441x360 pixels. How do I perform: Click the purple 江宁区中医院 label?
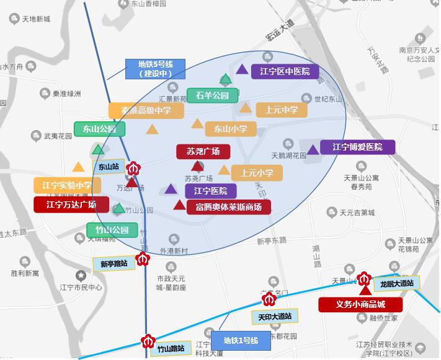click(x=285, y=71)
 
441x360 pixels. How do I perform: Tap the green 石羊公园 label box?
click(x=212, y=95)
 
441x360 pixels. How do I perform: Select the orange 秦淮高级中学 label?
click(x=146, y=111)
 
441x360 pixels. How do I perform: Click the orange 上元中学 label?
click(x=281, y=110)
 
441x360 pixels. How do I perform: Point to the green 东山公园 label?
click(x=99, y=129)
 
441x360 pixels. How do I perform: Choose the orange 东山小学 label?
click(x=230, y=129)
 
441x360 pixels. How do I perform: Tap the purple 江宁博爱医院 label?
click(x=357, y=147)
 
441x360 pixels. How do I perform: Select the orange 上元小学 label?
click(x=256, y=173)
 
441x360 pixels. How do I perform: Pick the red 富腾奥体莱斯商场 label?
click(x=228, y=207)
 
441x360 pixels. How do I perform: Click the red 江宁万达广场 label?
click(x=71, y=204)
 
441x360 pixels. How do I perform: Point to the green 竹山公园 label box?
click(x=112, y=230)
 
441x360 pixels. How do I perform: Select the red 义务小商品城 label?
click(x=360, y=304)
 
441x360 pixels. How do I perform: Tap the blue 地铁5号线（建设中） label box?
click(x=156, y=68)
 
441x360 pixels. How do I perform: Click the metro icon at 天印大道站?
click(x=269, y=300)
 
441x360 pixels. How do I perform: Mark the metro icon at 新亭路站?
click(x=143, y=258)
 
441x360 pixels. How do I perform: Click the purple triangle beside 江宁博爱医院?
click(x=313, y=149)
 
